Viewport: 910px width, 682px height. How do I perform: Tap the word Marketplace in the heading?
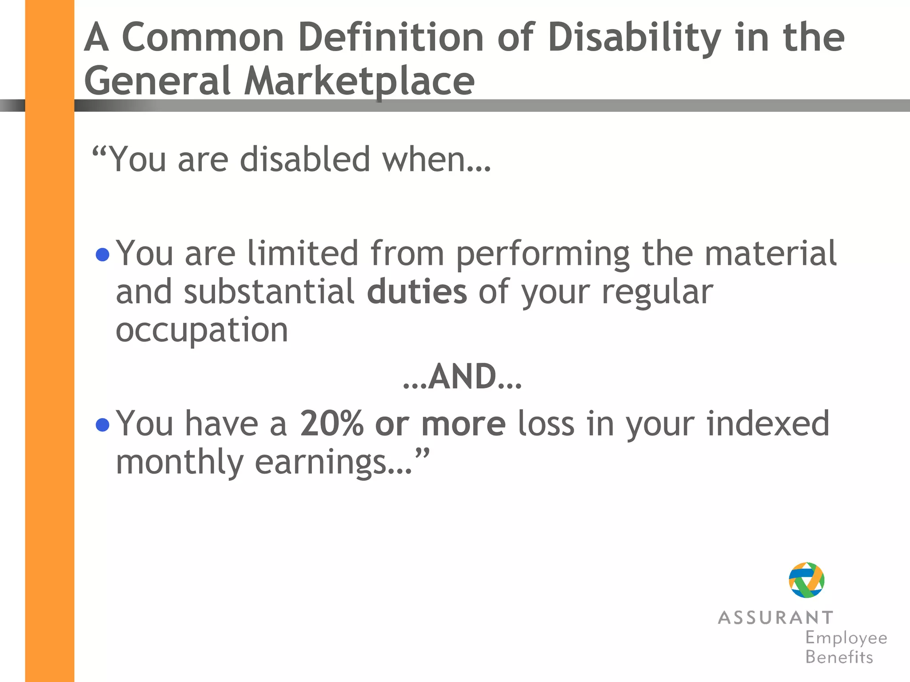tap(359, 81)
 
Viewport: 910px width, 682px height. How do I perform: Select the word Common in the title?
tap(203, 38)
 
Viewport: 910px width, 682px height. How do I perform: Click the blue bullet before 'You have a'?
tap(103, 425)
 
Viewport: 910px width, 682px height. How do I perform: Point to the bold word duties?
tap(417, 292)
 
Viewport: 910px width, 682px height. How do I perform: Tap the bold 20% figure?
tap(331, 424)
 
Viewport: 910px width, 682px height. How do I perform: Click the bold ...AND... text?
tap(462, 377)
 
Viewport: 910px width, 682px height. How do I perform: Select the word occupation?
tap(202, 331)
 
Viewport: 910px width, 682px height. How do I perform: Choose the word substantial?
tap(269, 292)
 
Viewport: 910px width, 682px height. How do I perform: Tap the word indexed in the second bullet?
tap(768, 424)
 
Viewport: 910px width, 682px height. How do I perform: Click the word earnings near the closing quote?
tap(321, 463)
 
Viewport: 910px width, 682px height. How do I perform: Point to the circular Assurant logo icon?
tap(806, 580)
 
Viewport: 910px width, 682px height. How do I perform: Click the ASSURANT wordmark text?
tap(775, 618)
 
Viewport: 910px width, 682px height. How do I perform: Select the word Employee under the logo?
tap(846, 638)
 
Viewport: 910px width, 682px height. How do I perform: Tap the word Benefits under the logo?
tap(839, 657)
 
